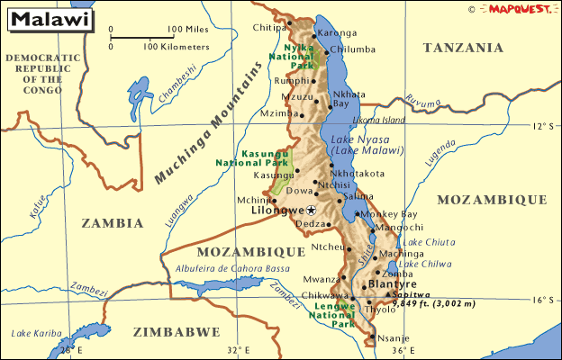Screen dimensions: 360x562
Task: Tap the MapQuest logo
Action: pyautogui.click(x=520, y=9)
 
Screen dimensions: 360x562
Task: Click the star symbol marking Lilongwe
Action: pyautogui.click(x=312, y=210)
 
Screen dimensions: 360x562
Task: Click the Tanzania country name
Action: pyautogui.click(x=463, y=48)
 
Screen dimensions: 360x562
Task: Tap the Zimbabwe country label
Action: pyautogui.click(x=176, y=332)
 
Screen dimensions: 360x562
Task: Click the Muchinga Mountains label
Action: pyautogui.click(x=212, y=123)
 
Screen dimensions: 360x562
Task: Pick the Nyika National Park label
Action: pyautogui.click(x=299, y=56)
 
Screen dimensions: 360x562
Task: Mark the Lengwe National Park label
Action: pyautogui.click(x=333, y=315)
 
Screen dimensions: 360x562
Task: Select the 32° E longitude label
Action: pyautogui.click(x=238, y=350)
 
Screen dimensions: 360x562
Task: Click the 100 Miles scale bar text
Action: pyautogui.click(x=187, y=29)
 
